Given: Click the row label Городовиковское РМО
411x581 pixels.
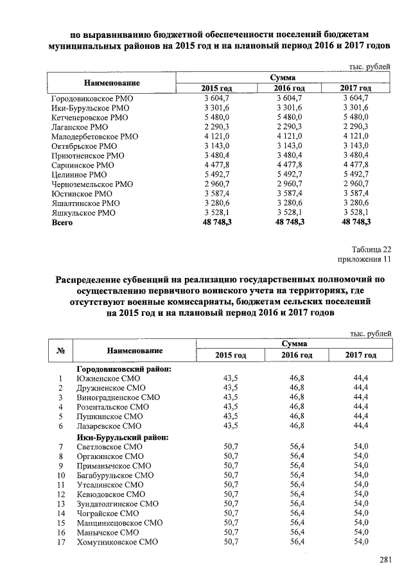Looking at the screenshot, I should (x=92, y=98).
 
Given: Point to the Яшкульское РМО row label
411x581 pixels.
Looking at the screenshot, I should (x=83, y=213).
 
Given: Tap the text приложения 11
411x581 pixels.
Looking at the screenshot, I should (x=364, y=259).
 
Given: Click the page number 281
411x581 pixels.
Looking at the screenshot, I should (x=385, y=560).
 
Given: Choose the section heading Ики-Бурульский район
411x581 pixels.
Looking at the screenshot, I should (x=122, y=437).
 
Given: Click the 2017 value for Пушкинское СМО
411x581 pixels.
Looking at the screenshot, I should (x=360, y=417).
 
